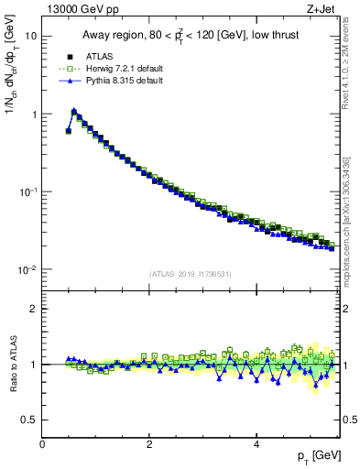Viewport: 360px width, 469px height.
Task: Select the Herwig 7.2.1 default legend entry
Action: coord(117,69)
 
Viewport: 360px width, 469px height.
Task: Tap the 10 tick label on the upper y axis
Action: coord(30,37)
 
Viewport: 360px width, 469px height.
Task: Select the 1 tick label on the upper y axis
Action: coord(33,115)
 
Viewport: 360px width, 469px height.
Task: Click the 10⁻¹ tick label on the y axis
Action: coord(27,191)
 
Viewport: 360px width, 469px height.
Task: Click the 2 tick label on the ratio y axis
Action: coord(33,309)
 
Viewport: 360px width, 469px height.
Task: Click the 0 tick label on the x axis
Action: coord(42,444)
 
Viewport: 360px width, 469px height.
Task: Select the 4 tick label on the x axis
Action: coord(256,444)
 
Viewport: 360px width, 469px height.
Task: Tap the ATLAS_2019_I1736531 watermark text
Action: coord(191,274)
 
